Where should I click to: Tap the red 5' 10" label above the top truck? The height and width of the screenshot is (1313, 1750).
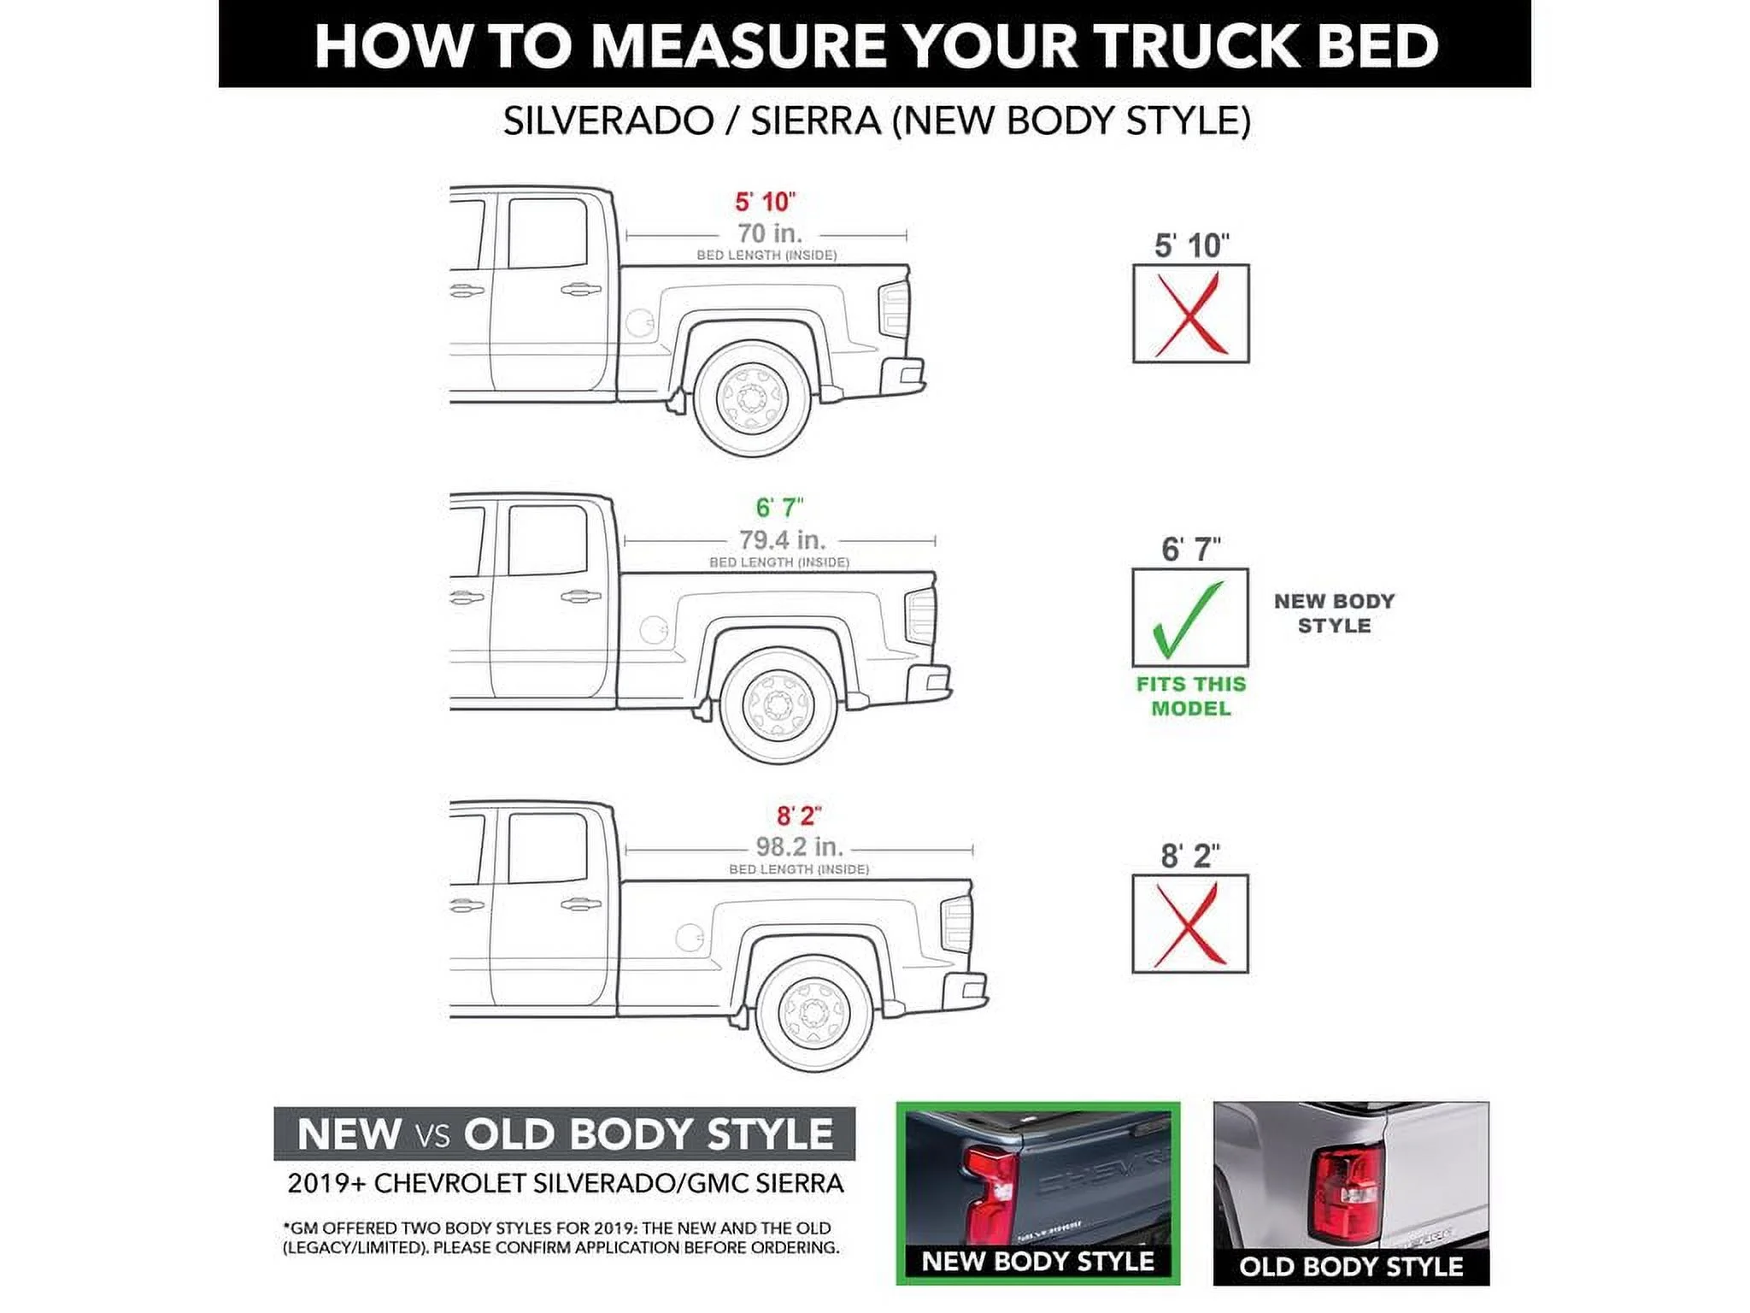pos(765,203)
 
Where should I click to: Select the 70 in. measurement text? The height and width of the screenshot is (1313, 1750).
pos(769,233)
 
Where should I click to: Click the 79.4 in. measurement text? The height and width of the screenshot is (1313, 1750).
pos(782,540)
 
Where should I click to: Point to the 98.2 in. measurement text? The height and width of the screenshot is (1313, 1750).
pos(799,847)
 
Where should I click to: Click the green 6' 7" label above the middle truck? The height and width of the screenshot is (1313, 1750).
pos(779,508)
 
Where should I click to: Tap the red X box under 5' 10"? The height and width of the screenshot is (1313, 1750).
pos(1190,314)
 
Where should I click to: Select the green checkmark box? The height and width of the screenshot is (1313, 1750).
pos(1189,617)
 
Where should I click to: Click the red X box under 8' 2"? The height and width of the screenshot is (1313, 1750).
pos(1189,924)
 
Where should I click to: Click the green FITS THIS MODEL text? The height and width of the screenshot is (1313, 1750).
pos(1190,696)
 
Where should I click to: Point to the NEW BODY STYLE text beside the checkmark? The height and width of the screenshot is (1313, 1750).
pos(1334,613)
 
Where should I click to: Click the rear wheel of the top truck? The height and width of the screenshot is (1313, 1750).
pos(752,398)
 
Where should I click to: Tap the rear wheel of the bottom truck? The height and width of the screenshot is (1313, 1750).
pos(814,1013)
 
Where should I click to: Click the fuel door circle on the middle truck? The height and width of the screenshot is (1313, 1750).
pos(653,630)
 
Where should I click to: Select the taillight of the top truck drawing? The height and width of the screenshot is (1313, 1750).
pos(894,308)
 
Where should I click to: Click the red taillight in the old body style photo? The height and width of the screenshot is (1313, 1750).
pos(1348,1193)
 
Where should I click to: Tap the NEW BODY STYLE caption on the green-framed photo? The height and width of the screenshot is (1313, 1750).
pos(1037,1262)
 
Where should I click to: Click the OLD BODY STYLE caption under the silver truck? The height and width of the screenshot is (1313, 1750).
pos(1351,1267)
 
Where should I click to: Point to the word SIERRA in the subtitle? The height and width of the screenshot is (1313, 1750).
pos(815,121)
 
